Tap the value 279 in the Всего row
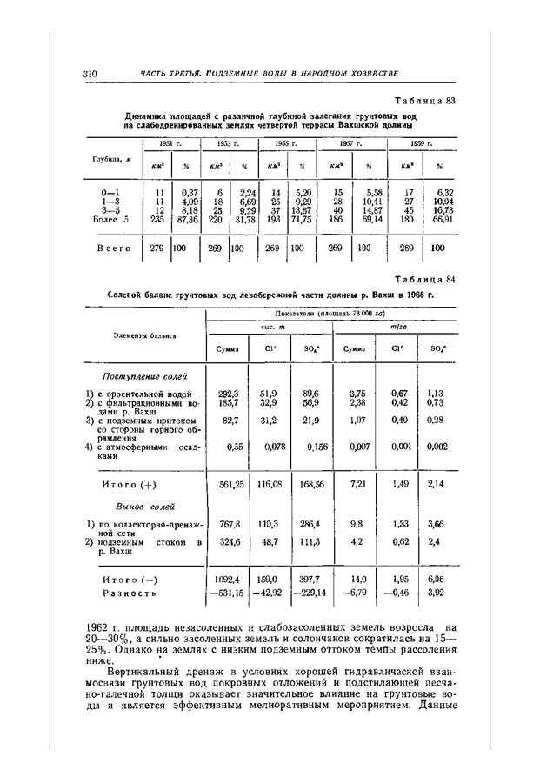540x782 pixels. (157, 248)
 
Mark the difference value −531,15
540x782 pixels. (229, 593)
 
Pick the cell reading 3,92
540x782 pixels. (436, 593)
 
